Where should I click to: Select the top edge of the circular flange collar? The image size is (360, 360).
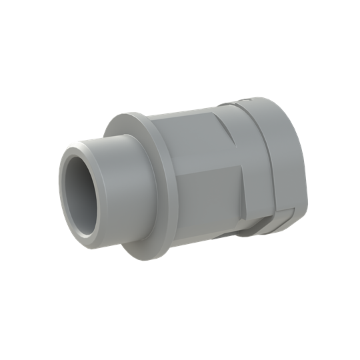(133, 115)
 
